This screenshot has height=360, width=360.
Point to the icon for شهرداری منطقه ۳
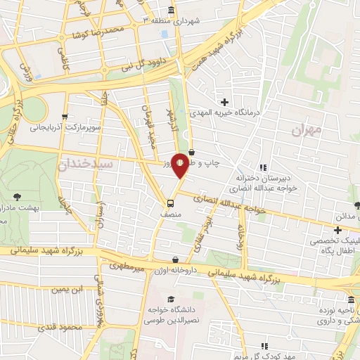point(172,10)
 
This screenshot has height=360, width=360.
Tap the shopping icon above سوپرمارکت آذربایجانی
point(65,117)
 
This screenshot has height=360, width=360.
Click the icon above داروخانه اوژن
point(174,261)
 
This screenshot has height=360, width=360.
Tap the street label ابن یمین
point(70,289)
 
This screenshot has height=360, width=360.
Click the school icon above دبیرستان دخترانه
point(263,167)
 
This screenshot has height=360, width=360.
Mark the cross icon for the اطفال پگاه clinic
point(338,230)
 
